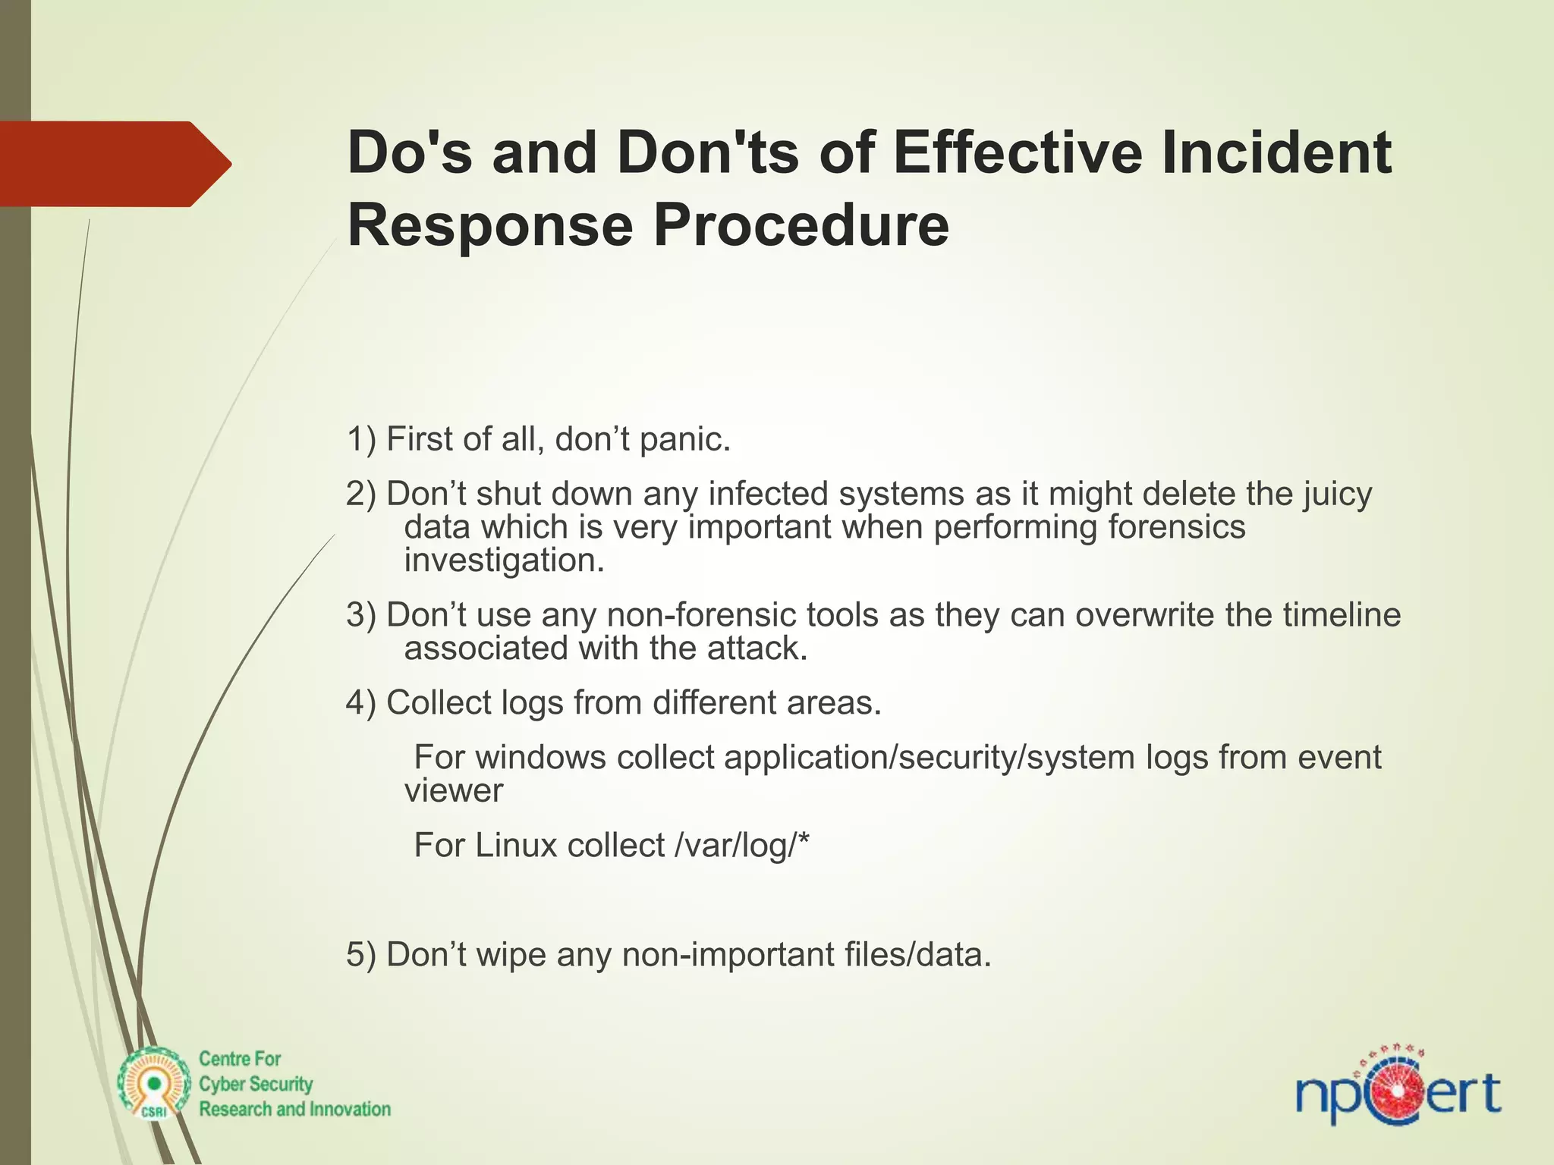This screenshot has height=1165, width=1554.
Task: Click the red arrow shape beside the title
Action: pyautogui.click(x=114, y=163)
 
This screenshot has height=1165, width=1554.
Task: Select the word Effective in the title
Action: pyautogui.click(x=1018, y=152)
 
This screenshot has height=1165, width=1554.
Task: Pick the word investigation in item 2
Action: pyautogui.click(x=504, y=561)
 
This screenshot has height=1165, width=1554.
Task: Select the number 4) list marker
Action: pyautogui.click(x=361, y=702)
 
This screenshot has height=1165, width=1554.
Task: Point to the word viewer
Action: pyautogui.click(x=454, y=791)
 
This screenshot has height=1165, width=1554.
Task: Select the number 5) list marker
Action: pyautogui.click(x=361, y=954)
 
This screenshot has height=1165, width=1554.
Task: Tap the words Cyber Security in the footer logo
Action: pyautogui.click(x=256, y=1084)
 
